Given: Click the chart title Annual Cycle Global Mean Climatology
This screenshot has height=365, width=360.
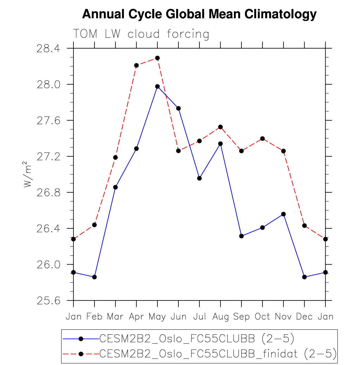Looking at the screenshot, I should (x=199, y=14).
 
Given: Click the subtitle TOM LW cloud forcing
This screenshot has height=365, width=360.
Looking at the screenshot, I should (x=141, y=34).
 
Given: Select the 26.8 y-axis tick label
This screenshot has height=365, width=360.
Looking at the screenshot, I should (x=48, y=193).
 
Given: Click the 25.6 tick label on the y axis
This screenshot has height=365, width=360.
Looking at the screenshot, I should (x=48, y=301).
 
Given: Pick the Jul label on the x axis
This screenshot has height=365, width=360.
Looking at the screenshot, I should (x=199, y=317).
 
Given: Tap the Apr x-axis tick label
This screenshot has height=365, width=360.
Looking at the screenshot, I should (x=136, y=317).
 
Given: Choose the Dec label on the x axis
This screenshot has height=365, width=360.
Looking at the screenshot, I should (x=304, y=317).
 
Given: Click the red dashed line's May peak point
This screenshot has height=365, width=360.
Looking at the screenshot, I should (x=157, y=58).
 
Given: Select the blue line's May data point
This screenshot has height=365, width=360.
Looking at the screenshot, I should (x=157, y=86).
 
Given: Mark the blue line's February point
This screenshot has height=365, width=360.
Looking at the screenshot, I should (x=94, y=277).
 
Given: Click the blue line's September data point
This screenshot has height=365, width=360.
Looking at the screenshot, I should (x=241, y=236).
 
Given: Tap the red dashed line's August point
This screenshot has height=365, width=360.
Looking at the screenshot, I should (x=220, y=127).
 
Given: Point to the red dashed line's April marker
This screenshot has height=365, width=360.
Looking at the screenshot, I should (x=136, y=65).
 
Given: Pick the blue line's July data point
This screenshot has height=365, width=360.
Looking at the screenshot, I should (x=199, y=178).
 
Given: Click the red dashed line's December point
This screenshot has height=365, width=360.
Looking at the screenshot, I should (x=305, y=226).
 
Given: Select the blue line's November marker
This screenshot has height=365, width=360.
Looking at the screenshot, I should (x=284, y=214).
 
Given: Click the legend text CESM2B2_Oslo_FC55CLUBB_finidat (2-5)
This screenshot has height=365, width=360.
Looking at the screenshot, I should (x=218, y=354).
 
